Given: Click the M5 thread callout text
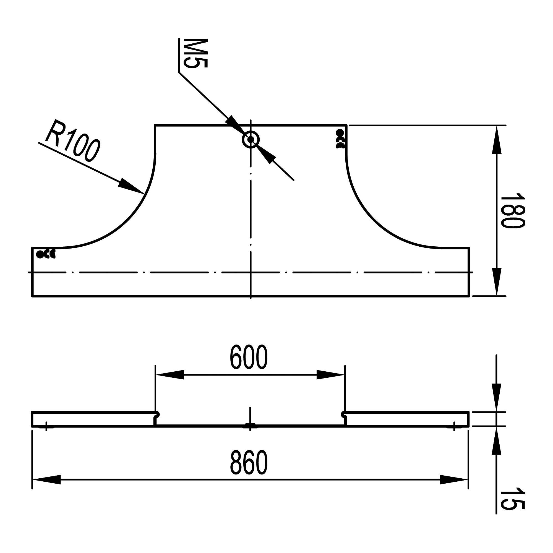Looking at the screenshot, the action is (x=195, y=53).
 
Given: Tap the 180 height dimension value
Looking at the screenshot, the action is (x=513, y=211).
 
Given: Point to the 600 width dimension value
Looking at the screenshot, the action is (x=249, y=358).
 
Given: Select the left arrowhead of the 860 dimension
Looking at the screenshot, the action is (x=47, y=480).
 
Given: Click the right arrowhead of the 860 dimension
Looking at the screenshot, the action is (x=454, y=480).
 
